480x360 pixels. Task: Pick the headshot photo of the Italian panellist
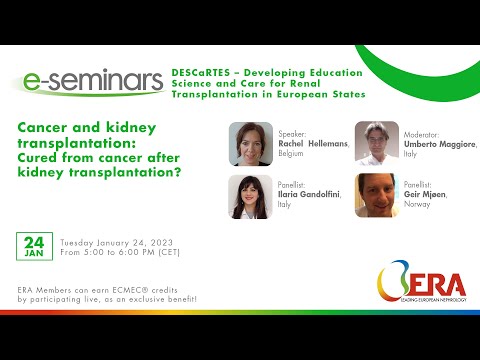(250, 196)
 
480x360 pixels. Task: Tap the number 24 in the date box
(32, 243)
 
